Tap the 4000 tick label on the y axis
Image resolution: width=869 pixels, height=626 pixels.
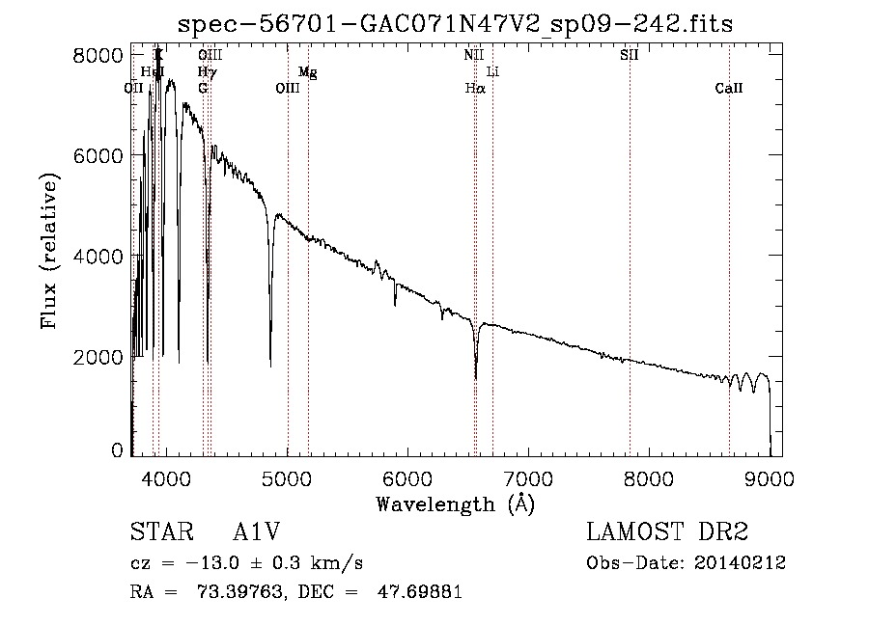click(99, 256)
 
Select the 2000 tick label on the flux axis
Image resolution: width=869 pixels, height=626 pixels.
click(99, 357)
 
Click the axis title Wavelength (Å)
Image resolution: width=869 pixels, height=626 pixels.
click(455, 503)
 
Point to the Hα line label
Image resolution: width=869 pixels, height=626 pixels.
click(474, 88)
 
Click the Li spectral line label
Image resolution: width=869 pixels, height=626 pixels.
click(492, 71)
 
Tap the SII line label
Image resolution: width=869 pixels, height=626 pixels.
click(629, 55)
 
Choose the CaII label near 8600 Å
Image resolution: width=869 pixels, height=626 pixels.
click(729, 88)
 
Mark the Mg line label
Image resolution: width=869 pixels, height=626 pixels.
click(307, 71)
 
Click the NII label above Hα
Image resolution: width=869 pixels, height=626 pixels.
click(473, 55)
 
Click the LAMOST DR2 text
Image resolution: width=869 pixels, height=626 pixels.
click(667, 532)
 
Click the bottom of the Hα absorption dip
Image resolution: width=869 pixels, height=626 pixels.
click(476, 378)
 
